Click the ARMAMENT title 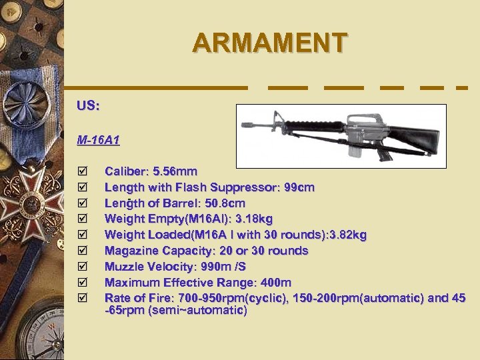pyautogui.click(x=269, y=43)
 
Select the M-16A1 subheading pyautogui.click(x=98, y=140)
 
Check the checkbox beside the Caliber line pyautogui.click(x=82, y=172)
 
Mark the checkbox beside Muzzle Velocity pyautogui.click(x=82, y=267)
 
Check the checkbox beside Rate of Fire pyautogui.click(x=82, y=298)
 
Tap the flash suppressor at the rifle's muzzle pyautogui.click(x=247, y=124)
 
